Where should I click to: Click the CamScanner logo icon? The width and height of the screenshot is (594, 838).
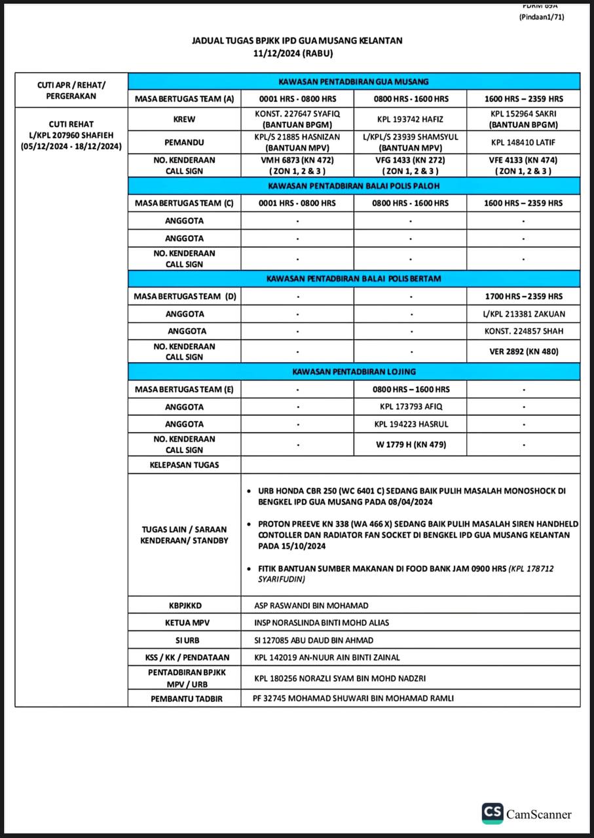tap(492, 813)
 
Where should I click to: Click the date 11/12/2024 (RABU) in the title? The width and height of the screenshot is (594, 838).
tap(297, 53)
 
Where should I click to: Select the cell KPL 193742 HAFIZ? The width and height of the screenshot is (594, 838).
tap(410, 118)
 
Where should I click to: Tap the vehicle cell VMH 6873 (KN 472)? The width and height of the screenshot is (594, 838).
tap(297, 160)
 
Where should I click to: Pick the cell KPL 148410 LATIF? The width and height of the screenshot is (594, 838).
tap(523, 141)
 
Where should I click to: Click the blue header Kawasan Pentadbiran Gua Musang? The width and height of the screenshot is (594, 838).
tap(354, 82)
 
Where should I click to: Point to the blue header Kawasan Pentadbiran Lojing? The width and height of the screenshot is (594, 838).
tap(354, 371)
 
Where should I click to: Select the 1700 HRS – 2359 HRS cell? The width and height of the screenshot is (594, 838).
tap(523, 297)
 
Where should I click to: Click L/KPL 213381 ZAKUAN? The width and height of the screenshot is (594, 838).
tap(523, 314)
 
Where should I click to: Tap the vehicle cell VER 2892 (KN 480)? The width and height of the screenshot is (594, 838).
tap(523, 352)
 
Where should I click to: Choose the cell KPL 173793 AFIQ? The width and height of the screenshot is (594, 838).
tap(410, 407)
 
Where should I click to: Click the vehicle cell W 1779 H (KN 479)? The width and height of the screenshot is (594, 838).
tap(410, 445)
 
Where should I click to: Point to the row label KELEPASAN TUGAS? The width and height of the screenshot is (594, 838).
tap(184, 465)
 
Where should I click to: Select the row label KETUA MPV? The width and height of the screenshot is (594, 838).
tap(184, 623)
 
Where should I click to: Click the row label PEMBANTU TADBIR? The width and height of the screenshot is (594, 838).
tap(184, 699)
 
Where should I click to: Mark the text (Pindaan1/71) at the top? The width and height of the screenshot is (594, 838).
tap(542, 17)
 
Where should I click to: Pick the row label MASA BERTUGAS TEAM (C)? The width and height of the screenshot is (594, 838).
tap(184, 203)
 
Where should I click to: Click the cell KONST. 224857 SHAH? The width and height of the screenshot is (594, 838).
tap(523, 331)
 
